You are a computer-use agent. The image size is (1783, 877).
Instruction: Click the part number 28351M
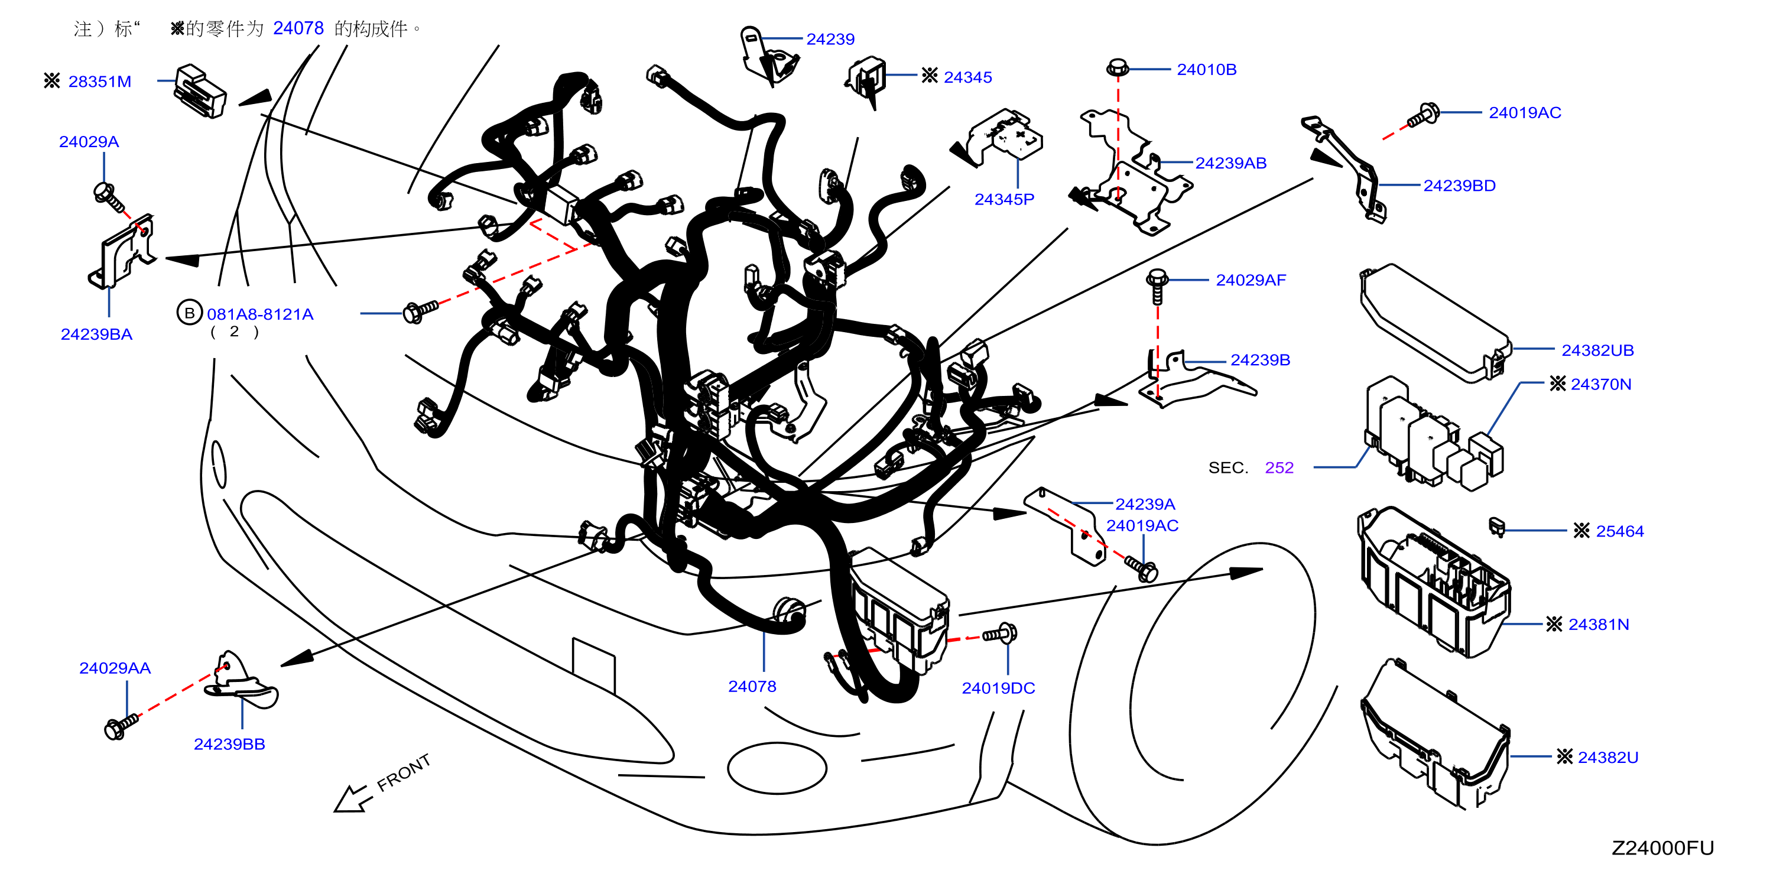pos(100,82)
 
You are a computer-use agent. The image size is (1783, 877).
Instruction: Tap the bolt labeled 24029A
pos(109,197)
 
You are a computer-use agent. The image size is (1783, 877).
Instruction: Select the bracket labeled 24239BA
pos(123,251)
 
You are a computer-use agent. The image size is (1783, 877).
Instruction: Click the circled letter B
pos(189,313)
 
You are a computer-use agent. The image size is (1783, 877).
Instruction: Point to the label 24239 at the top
pos(830,40)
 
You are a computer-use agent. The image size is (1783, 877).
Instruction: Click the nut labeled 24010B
pos(1117,69)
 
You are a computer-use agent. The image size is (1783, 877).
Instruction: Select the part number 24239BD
pos(1459,186)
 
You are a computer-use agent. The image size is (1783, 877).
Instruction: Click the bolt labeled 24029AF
pos(1157,287)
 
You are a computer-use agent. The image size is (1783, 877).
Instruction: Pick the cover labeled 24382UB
pos(1435,322)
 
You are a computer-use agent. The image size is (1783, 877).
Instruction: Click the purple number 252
pos(1279,468)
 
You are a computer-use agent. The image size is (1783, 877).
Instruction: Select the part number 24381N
pos(1598,624)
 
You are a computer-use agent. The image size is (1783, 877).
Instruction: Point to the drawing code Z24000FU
pos(1662,848)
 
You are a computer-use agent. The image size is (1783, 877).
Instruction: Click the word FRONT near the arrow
pos(404,772)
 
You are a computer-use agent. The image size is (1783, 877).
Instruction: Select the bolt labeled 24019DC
pos(1000,633)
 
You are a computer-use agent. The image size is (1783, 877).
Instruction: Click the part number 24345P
pos(1003,199)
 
